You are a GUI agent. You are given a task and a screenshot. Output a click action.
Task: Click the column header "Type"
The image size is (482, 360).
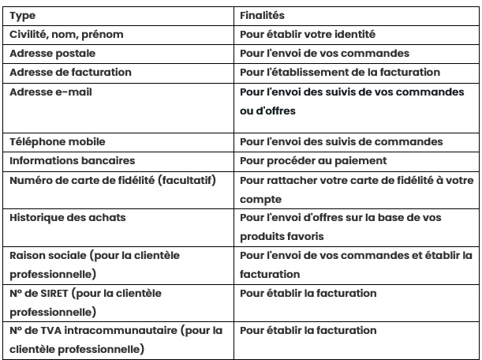pyautogui.click(x=22, y=16)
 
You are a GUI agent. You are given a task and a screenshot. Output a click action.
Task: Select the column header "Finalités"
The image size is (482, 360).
pyautogui.click(x=263, y=16)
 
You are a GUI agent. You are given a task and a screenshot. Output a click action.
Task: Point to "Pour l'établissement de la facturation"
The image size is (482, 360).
pyautogui.click(x=339, y=72)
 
